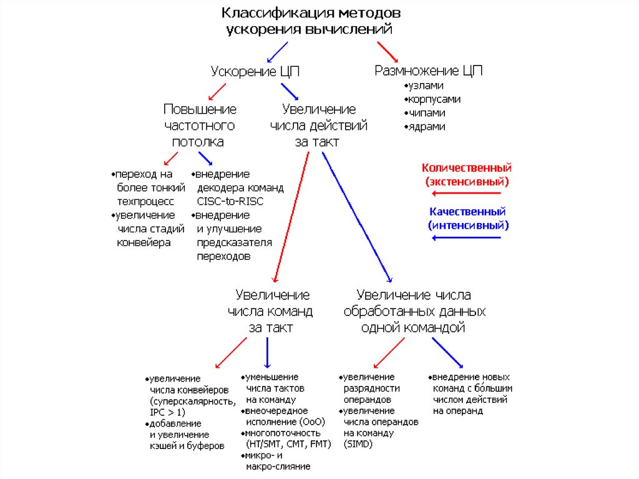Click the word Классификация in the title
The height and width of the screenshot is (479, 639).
(269, 13)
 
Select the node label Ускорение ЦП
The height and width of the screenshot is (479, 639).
(255, 71)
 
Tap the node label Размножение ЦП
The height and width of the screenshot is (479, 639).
(428, 71)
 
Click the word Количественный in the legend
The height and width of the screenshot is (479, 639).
(467, 168)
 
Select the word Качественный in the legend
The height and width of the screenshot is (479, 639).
(467, 212)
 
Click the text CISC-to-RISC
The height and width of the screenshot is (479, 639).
(230, 201)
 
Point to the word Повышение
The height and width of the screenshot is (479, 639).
(200, 109)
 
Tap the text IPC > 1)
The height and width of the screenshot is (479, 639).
(167, 412)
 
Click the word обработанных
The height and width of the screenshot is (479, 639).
(414, 311)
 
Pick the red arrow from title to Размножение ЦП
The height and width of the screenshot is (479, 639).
(388, 50)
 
